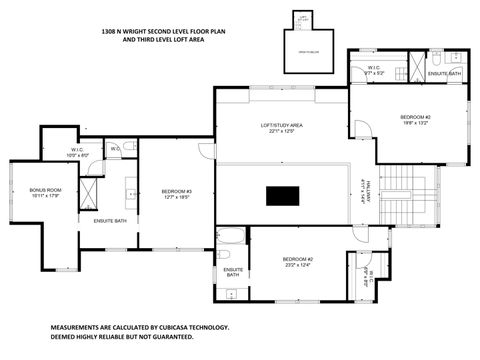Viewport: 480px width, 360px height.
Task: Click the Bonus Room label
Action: coord(46,190)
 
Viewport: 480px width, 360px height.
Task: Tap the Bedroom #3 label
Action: coord(176,191)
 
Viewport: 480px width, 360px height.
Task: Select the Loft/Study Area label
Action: coord(282,125)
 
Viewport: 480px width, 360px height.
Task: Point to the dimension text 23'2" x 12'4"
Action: coord(297,265)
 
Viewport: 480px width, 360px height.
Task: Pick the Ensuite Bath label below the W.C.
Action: coord(110,220)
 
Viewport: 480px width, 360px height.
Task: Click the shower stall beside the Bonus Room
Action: coord(91,190)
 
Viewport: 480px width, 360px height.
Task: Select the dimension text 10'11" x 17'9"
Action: coord(46,197)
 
